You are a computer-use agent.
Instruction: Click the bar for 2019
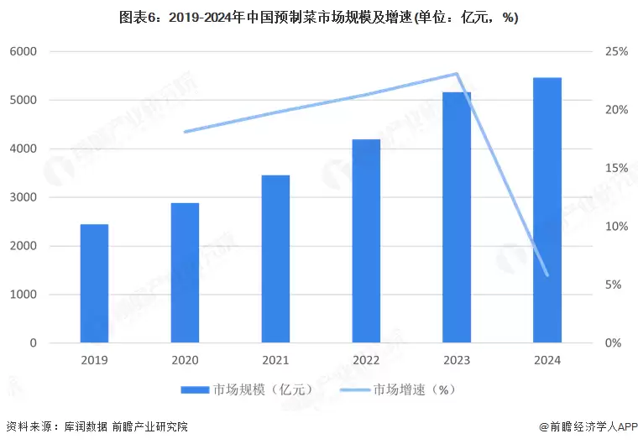[94, 284]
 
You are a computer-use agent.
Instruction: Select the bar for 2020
[185, 273]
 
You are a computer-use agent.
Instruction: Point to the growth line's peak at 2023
[457, 74]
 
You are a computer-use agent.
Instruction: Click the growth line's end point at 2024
[547, 274]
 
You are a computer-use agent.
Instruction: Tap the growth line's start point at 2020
[185, 132]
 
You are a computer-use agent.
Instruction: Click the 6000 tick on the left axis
[24, 52]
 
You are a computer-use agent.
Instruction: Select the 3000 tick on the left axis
[24, 198]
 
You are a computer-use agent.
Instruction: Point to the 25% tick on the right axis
[616, 52]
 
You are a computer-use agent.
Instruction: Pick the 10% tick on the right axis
[616, 227]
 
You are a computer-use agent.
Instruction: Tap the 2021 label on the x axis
[275, 359]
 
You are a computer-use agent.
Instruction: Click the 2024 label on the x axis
[547, 359]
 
